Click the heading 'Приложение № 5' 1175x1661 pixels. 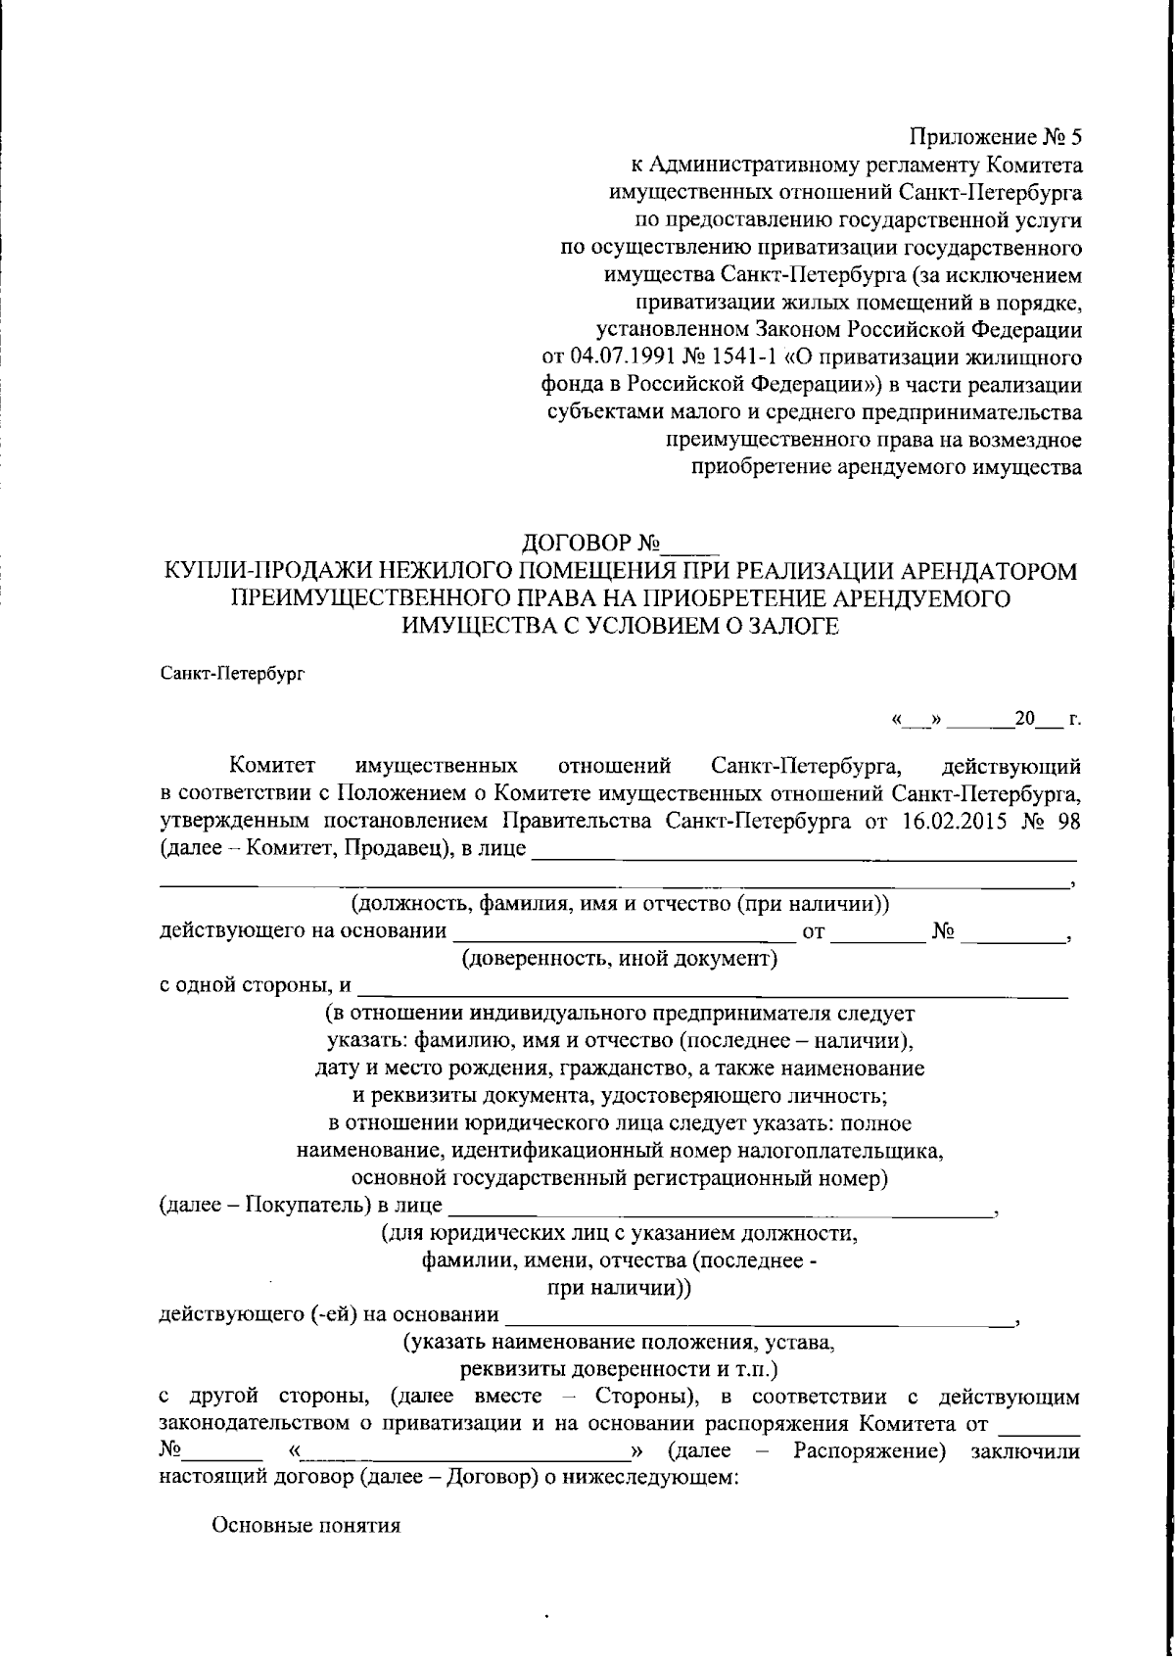click(x=996, y=136)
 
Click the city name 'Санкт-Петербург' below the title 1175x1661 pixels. click(x=232, y=673)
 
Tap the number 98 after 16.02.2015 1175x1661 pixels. click(x=1068, y=821)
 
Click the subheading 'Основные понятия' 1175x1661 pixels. click(x=306, y=1526)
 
